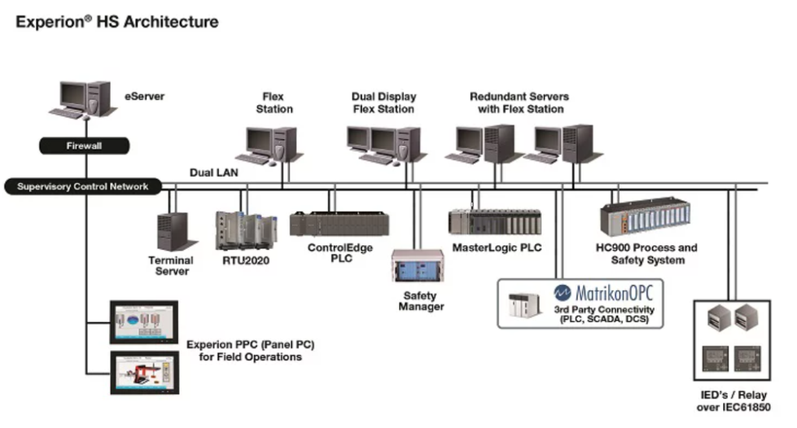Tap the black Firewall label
pos(83,146)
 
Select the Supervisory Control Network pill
pos(83,187)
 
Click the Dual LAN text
pos(214,172)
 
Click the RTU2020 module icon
pos(245,230)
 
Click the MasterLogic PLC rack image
pos(495,223)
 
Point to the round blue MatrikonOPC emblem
pos(564,293)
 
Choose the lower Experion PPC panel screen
pos(145,371)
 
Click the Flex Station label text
pos(274,103)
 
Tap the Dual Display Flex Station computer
pos(383,145)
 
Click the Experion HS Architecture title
pos(118,22)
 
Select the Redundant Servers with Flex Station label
pos(519,103)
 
